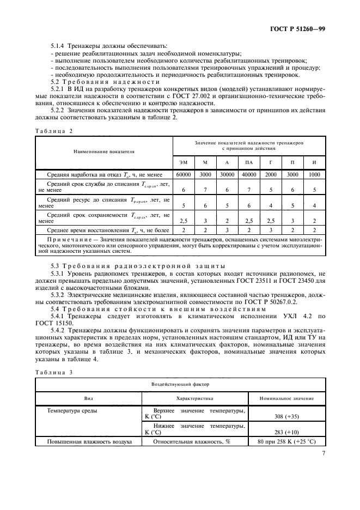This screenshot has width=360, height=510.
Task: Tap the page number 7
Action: (x=323, y=452)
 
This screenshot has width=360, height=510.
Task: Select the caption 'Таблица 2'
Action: (x=53, y=131)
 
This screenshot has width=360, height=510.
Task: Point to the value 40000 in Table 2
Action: (x=249, y=174)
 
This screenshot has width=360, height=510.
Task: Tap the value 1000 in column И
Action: (x=314, y=174)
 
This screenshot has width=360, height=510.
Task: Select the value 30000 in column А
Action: (x=227, y=174)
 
